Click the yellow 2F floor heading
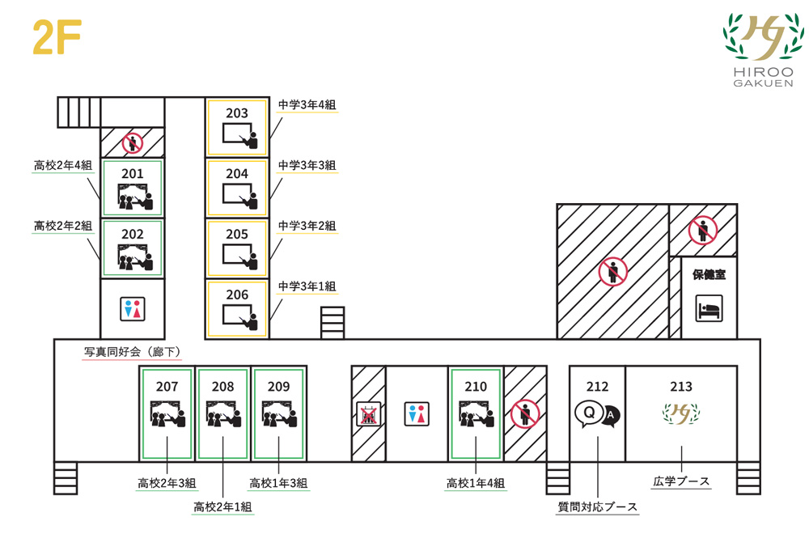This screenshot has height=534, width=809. [56, 37]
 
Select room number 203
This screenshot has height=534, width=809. [237, 113]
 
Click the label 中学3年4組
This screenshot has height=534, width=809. [307, 104]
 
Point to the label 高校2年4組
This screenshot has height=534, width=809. [62, 166]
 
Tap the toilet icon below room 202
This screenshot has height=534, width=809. [132, 308]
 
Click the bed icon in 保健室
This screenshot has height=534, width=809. [709, 308]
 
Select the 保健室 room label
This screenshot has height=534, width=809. [709, 274]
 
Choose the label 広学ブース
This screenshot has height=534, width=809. [681, 481]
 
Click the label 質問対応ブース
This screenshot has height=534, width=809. [598, 507]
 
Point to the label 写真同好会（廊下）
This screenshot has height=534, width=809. [132, 352]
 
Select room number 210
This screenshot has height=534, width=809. [476, 387]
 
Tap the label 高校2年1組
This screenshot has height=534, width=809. [222, 507]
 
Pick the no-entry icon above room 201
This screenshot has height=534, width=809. [132, 144]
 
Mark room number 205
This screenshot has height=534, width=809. [237, 234]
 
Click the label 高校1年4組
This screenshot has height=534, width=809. [476, 483]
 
